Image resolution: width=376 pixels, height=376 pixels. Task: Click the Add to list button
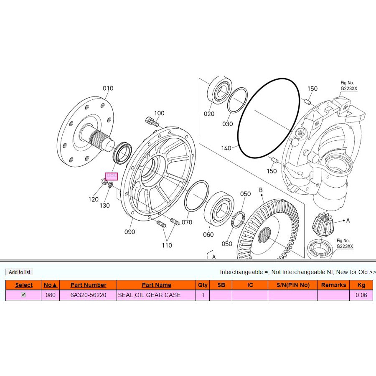[x=19, y=272]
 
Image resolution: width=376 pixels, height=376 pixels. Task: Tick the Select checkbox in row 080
[x=23, y=295]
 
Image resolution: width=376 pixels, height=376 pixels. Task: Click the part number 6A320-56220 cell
[x=88, y=295]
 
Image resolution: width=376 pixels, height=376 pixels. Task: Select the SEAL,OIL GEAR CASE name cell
[x=156, y=295]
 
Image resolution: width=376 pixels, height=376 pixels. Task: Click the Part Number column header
[x=88, y=285]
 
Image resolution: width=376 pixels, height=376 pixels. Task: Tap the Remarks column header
[x=333, y=285]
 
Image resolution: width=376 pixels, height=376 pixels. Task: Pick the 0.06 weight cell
[x=361, y=295]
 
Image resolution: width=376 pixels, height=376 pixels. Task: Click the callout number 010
[x=108, y=88]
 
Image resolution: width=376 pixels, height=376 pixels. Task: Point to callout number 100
[x=159, y=113]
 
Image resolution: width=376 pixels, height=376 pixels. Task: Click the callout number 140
[x=226, y=148]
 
